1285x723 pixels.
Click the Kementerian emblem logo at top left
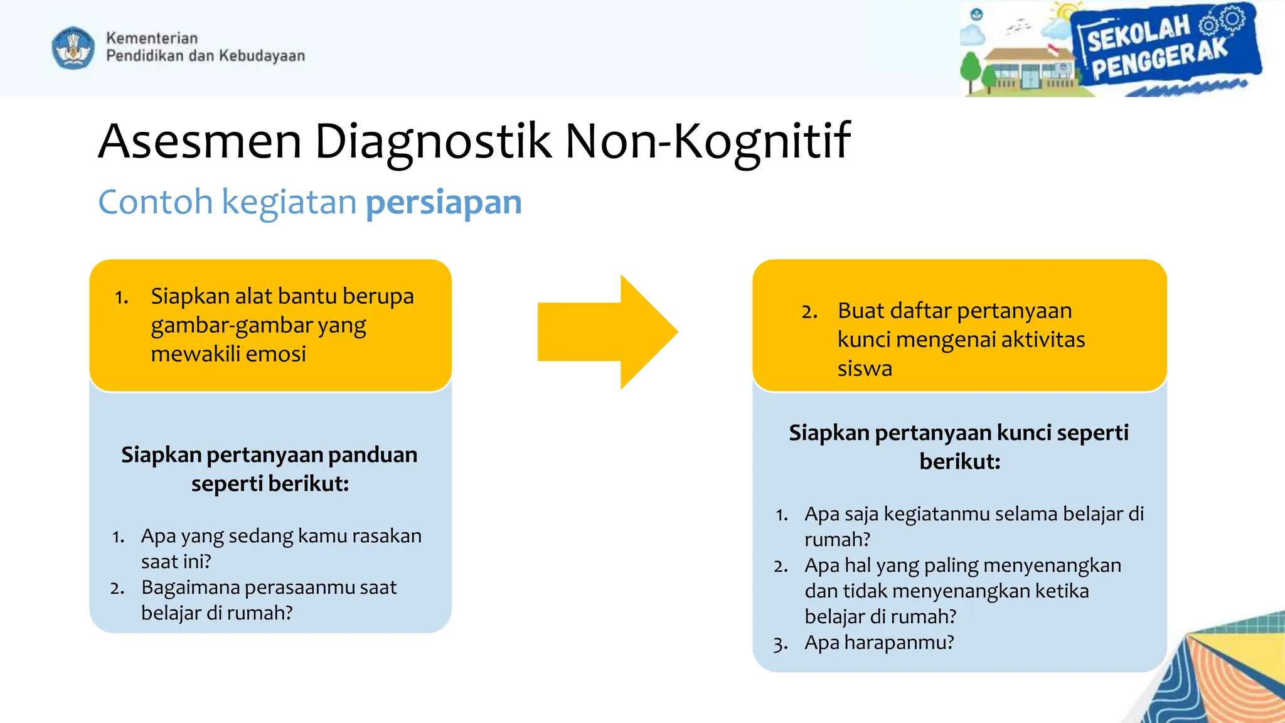(73, 48)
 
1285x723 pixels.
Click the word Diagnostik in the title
(433, 141)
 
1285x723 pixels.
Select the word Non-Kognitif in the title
(707, 141)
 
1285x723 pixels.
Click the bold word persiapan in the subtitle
(444, 202)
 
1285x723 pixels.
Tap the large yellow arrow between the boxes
(607, 332)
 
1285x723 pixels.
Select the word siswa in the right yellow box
(864, 368)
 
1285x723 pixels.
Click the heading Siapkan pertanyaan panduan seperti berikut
(269, 469)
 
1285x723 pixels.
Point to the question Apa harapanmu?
(878, 643)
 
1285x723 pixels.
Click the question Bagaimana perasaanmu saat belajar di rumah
(269, 600)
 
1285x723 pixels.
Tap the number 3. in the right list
(780, 644)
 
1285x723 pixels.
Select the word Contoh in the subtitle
(156, 202)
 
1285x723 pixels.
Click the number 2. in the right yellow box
(809, 311)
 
